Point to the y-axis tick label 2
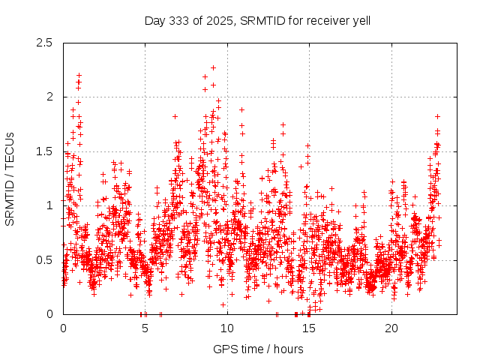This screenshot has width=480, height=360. point(49,97)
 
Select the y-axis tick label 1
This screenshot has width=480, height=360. point(49,205)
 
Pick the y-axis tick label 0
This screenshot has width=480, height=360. point(49,314)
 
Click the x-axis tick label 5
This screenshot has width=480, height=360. point(145,328)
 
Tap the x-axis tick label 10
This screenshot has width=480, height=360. point(227,328)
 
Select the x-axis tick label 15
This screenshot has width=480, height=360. point(310,328)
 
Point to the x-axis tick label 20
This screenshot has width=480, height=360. point(391,328)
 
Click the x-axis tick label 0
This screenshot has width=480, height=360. point(63,328)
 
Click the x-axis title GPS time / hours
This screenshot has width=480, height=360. point(258,349)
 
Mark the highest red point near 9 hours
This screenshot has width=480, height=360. point(213,67)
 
